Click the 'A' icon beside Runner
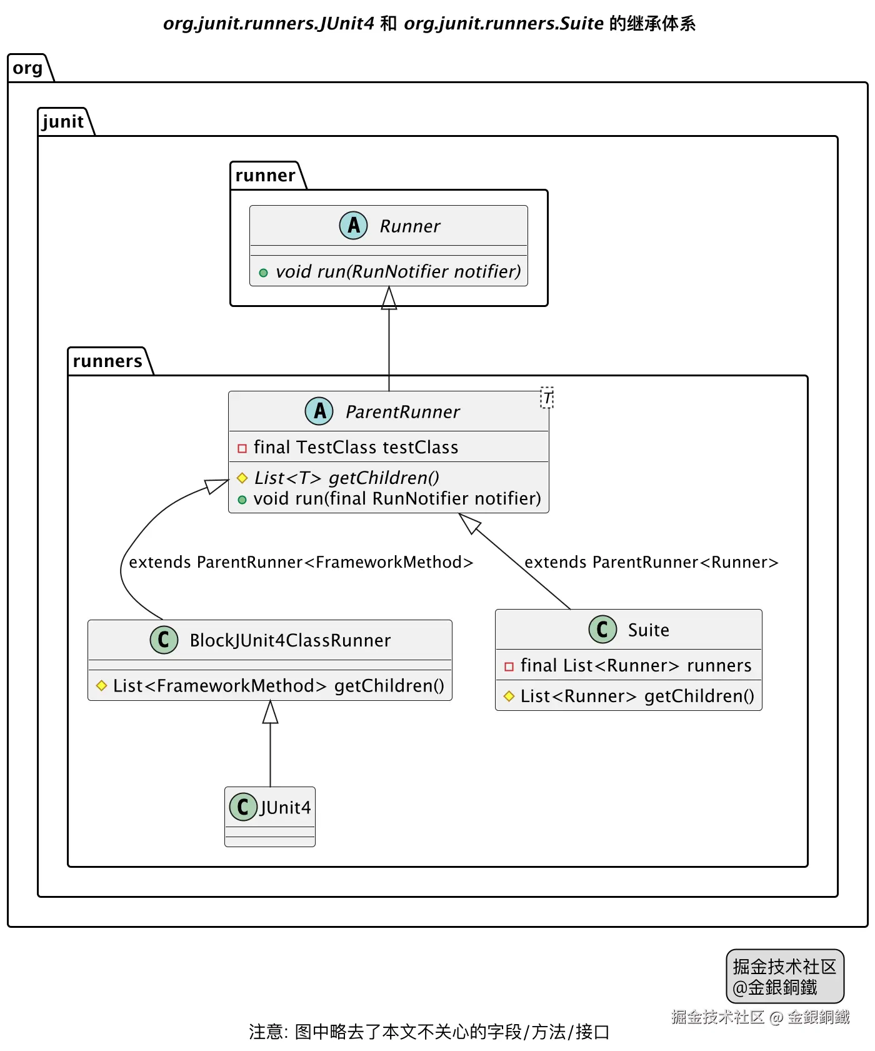(x=353, y=225)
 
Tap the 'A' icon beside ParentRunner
(x=319, y=411)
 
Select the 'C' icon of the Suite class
(x=602, y=629)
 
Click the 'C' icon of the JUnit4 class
(x=243, y=807)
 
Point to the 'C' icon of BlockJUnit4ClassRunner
(x=164, y=640)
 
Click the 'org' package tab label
(x=27, y=68)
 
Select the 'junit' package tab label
(x=63, y=121)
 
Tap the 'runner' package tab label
(x=265, y=176)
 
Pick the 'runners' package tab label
(x=107, y=361)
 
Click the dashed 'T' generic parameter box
(x=547, y=398)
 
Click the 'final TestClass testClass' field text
(x=356, y=448)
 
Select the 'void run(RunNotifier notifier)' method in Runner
(x=398, y=271)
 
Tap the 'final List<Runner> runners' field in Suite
(x=636, y=666)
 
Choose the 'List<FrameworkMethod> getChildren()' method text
(x=278, y=686)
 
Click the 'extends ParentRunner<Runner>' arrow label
(x=651, y=562)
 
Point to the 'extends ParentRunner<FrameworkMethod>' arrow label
(x=301, y=562)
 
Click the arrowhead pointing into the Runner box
(x=389, y=298)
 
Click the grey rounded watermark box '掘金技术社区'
(x=784, y=976)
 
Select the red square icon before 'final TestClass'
(x=242, y=448)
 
